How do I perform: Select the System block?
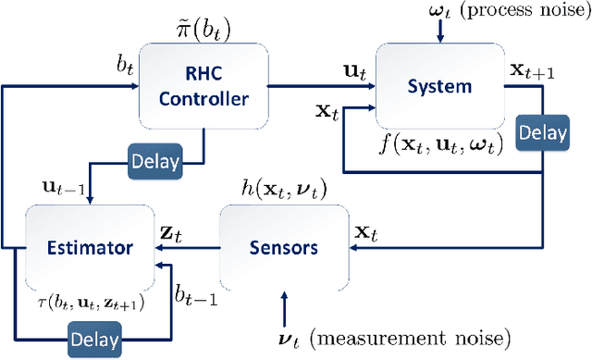(x=441, y=86)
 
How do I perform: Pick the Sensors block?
(x=282, y=247)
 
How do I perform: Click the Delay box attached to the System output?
(x=541, y=133)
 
